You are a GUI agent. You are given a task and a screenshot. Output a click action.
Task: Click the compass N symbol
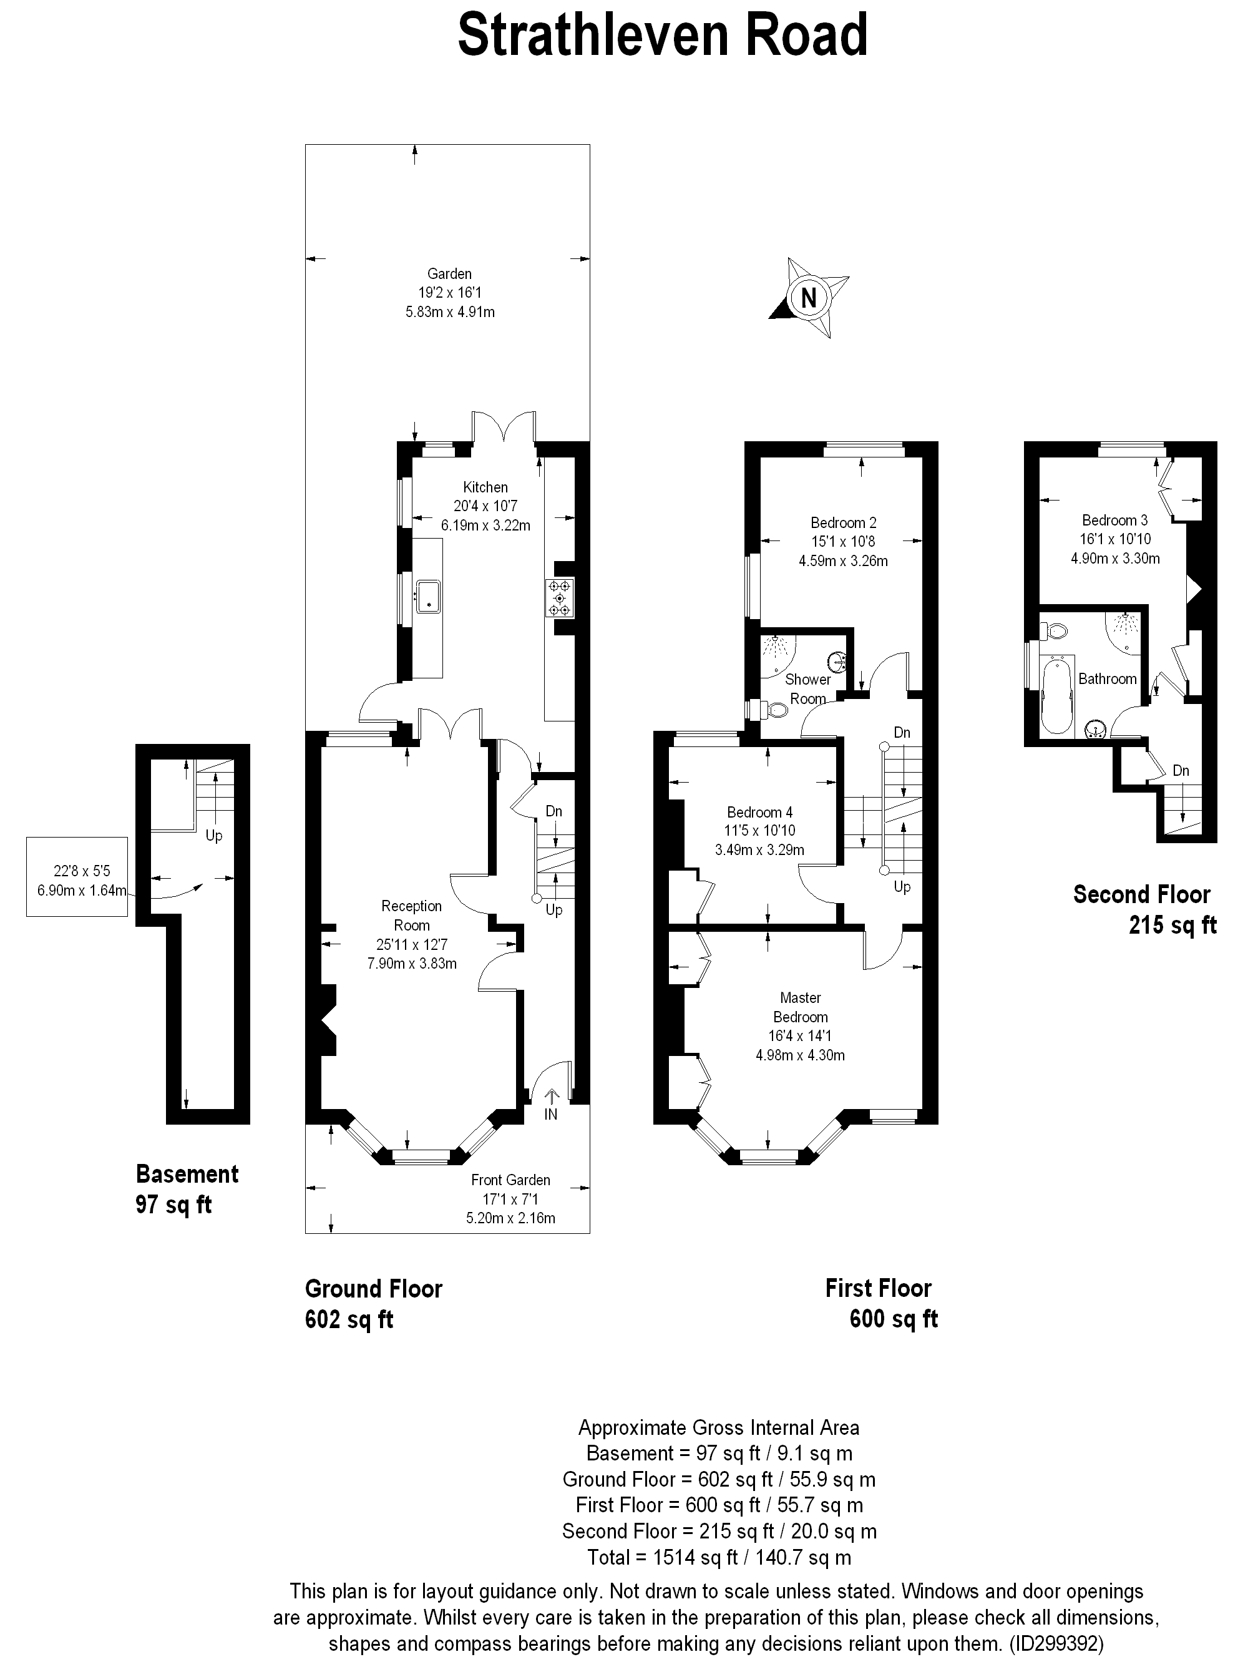(809, 298)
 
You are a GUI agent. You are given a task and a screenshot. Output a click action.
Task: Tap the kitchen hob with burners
(560, 598)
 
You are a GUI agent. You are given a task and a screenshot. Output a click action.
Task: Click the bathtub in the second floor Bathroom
(1058, 695)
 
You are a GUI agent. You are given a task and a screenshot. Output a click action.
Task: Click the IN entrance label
(551, 1114)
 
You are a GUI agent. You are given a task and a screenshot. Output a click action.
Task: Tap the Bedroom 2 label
(843, 523)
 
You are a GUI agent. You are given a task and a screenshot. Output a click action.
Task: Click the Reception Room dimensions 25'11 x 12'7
(412, 944)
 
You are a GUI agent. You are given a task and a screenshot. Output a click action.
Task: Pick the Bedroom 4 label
(759, 812)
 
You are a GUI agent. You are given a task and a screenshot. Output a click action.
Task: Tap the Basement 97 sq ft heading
(187, 1190)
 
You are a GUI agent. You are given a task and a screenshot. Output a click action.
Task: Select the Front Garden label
(510, 1180)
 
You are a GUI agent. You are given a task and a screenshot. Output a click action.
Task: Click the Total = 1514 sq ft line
(719, 1558)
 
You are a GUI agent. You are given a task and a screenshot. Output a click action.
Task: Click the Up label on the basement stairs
(214, 836)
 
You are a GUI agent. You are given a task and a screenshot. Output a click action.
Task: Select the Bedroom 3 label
(1114, 520)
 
